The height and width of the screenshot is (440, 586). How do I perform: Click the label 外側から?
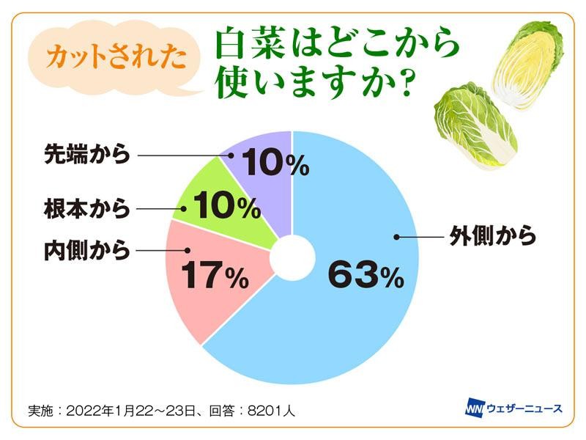pyautogui.click(x=493, y=235)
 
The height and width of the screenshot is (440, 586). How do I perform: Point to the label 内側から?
pyautogui.click(x=87, y=250)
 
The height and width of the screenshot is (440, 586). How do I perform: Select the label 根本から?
pyautogui.click(x=87, y=208)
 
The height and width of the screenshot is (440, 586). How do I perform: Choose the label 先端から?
pyautogui.click(x=87, y=154)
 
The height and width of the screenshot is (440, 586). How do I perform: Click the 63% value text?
pyautogui.click(x=366, y=275)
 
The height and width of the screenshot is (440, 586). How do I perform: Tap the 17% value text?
pyautogui.click(x=215, y=275)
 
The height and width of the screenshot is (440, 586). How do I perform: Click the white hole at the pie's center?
pyautogui.click(x=292, y=258)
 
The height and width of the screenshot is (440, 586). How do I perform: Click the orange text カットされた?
pyautogui.click(x=116, y=57)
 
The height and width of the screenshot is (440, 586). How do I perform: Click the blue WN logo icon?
pyautogui.click(x=475, y=408)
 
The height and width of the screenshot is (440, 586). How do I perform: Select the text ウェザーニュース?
pyautogui.click(x=525, y=408)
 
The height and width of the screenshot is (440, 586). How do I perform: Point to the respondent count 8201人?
pyautogui.click(x=271, y=411)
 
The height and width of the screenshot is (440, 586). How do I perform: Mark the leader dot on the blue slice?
pyautogui.click(x=396, y=236)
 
